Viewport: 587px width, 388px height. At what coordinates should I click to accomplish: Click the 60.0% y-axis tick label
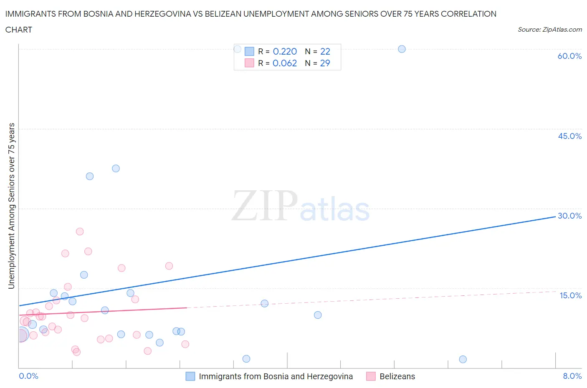point(569,56)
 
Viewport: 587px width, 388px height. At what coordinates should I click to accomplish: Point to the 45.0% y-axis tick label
point(569,136)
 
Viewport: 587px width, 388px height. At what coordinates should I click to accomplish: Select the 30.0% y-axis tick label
point(569,216)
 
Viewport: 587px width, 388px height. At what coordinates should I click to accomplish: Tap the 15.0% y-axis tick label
point(570,295)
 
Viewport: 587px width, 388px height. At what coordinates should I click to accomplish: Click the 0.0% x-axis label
point(28,376)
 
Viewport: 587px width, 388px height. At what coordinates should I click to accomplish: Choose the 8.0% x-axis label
point(572,376)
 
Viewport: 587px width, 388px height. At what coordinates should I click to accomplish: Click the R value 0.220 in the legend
point(285,51)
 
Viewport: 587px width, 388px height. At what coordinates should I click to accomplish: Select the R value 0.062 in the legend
point(285,63)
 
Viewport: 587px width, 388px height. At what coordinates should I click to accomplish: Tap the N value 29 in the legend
point(325,63)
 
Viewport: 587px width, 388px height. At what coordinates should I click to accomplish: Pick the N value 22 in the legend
point(325,51)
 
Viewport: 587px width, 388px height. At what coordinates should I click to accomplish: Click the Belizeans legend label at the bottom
point(397,376)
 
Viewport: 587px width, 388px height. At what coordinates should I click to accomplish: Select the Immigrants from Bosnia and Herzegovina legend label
point(276,376)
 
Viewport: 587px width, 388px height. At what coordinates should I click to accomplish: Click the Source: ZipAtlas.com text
point(549,30)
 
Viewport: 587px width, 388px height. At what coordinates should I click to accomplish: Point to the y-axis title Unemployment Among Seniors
point(12,206)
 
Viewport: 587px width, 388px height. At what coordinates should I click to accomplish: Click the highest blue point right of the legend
point(402,49)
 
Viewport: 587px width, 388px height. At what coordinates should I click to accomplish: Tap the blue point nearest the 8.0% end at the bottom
point(463,359)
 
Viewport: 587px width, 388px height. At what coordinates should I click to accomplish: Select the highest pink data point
point(80,232)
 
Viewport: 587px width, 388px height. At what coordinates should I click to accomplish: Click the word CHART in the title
point(19,30)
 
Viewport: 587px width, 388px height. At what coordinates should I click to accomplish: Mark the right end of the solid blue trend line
point(555,217)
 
